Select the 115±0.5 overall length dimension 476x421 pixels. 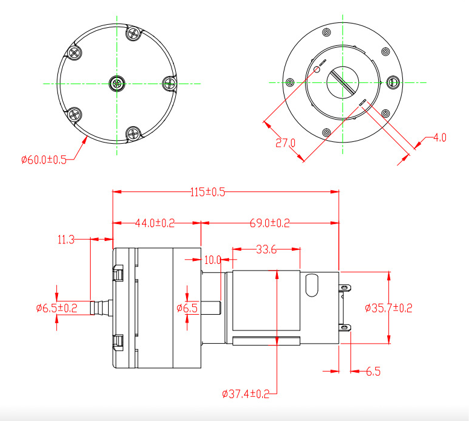208,192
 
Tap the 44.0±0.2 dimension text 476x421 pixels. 154,223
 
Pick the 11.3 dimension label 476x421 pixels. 66,240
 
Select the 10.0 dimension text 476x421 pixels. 213,260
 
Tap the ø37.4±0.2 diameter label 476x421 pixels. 245,394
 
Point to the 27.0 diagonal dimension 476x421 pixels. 285,143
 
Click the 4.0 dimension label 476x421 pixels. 440,138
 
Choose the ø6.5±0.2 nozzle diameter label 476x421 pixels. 57,308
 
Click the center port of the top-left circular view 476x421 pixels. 116,83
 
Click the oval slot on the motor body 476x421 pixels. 312,285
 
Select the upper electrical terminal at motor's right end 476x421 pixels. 344,288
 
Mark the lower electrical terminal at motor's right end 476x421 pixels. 344,329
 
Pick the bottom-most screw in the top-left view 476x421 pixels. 133,133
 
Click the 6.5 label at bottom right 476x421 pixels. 373,371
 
